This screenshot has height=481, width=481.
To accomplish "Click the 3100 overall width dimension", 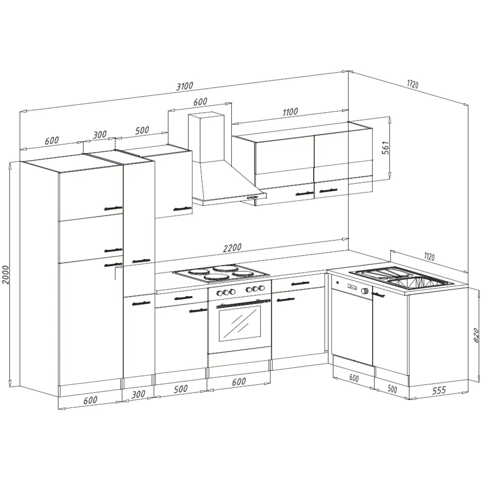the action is coord(185,86).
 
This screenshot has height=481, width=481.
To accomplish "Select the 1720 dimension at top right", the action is coord(413,84).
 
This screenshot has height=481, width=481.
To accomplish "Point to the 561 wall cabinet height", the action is coord(385,148).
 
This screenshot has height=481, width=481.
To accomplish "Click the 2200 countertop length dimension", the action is coord(232,248).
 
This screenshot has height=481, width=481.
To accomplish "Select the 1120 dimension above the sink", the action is coord(429,256).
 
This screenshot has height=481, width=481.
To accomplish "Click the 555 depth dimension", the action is coord(439,390).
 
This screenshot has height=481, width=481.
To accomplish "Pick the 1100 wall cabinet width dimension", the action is coord(290,112).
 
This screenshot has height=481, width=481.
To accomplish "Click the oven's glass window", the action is coord(240,323).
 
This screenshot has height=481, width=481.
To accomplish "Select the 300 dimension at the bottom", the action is coord(139,394).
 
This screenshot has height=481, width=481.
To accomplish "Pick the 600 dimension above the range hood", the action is coord(200,102).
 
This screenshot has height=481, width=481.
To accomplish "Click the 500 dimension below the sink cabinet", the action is coord(392,389).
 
